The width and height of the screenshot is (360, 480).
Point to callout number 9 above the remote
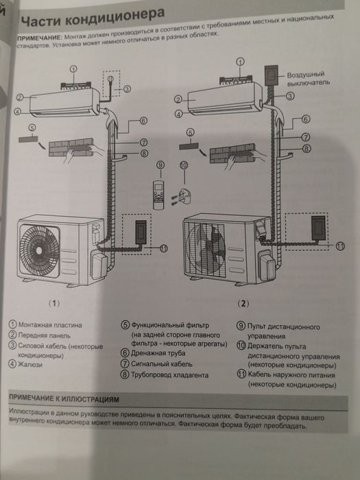click(160, 165)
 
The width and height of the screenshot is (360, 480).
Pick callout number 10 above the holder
click(183, 165)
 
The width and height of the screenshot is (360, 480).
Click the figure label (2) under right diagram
click(242, 302)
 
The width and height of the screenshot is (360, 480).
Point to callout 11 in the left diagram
click(162, 248)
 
